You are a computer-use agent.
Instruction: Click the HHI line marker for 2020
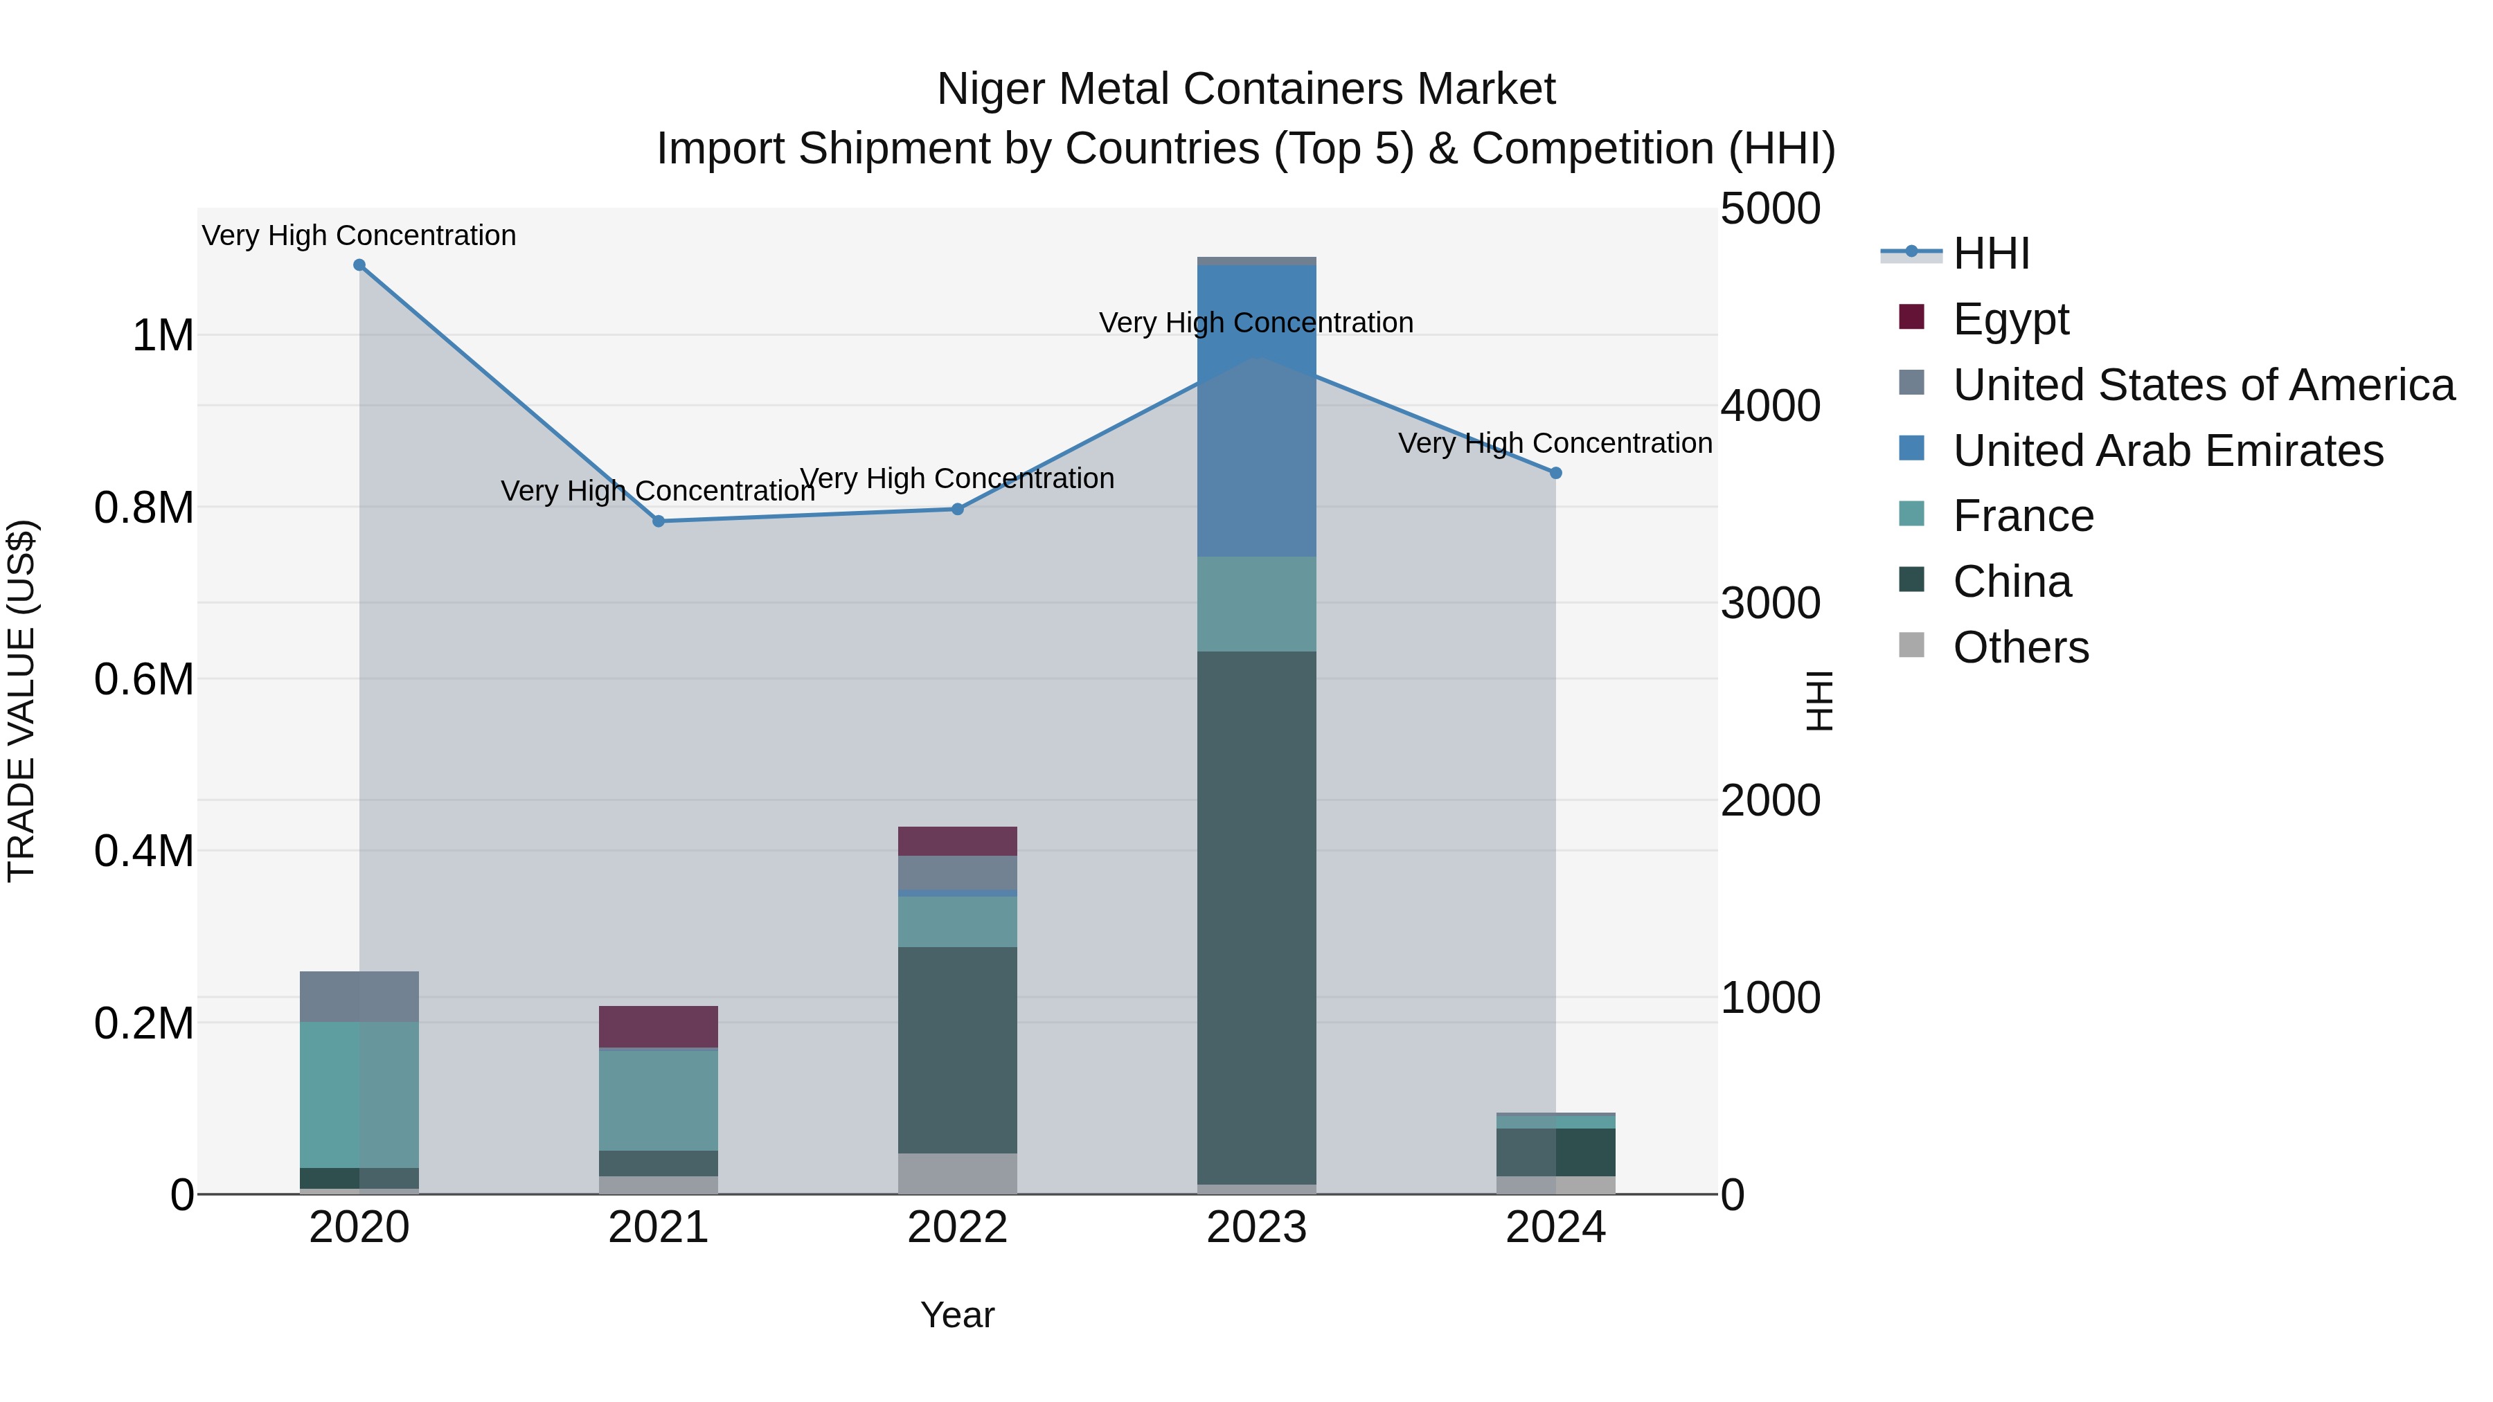pyautogui.click(x=359, y=265)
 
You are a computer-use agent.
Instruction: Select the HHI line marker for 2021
pyautogui.click(x=658, y=521)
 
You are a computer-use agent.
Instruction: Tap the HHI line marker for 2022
pyautogui.click(x=957, y=509)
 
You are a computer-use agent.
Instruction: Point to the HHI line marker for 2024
pyautogui.click(x=1555, y=473)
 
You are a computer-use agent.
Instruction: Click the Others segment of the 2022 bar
pyautogui.click(x=957, y=1173)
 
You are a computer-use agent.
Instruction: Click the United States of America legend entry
pyautogui.click(x=2203, y=385)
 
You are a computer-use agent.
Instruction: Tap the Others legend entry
pyautogui.click(x=2020, y=647)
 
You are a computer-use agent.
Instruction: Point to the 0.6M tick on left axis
pyautogui.click(x=144, y=679)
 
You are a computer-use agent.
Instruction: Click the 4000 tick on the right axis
pyautogui.click(x=1770, y=406)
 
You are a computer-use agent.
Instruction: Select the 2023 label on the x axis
pyautogui.click(x=1256, y=1228)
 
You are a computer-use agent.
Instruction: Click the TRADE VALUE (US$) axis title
pyautogui.click(x=21, y=701)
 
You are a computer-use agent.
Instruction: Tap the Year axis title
pyautogui.click(x=957, y=1315)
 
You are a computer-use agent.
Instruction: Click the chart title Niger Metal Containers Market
pyautogui.click(x=1246, y=89)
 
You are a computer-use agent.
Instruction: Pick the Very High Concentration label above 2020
pyautogui.click(x=359, y=235)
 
